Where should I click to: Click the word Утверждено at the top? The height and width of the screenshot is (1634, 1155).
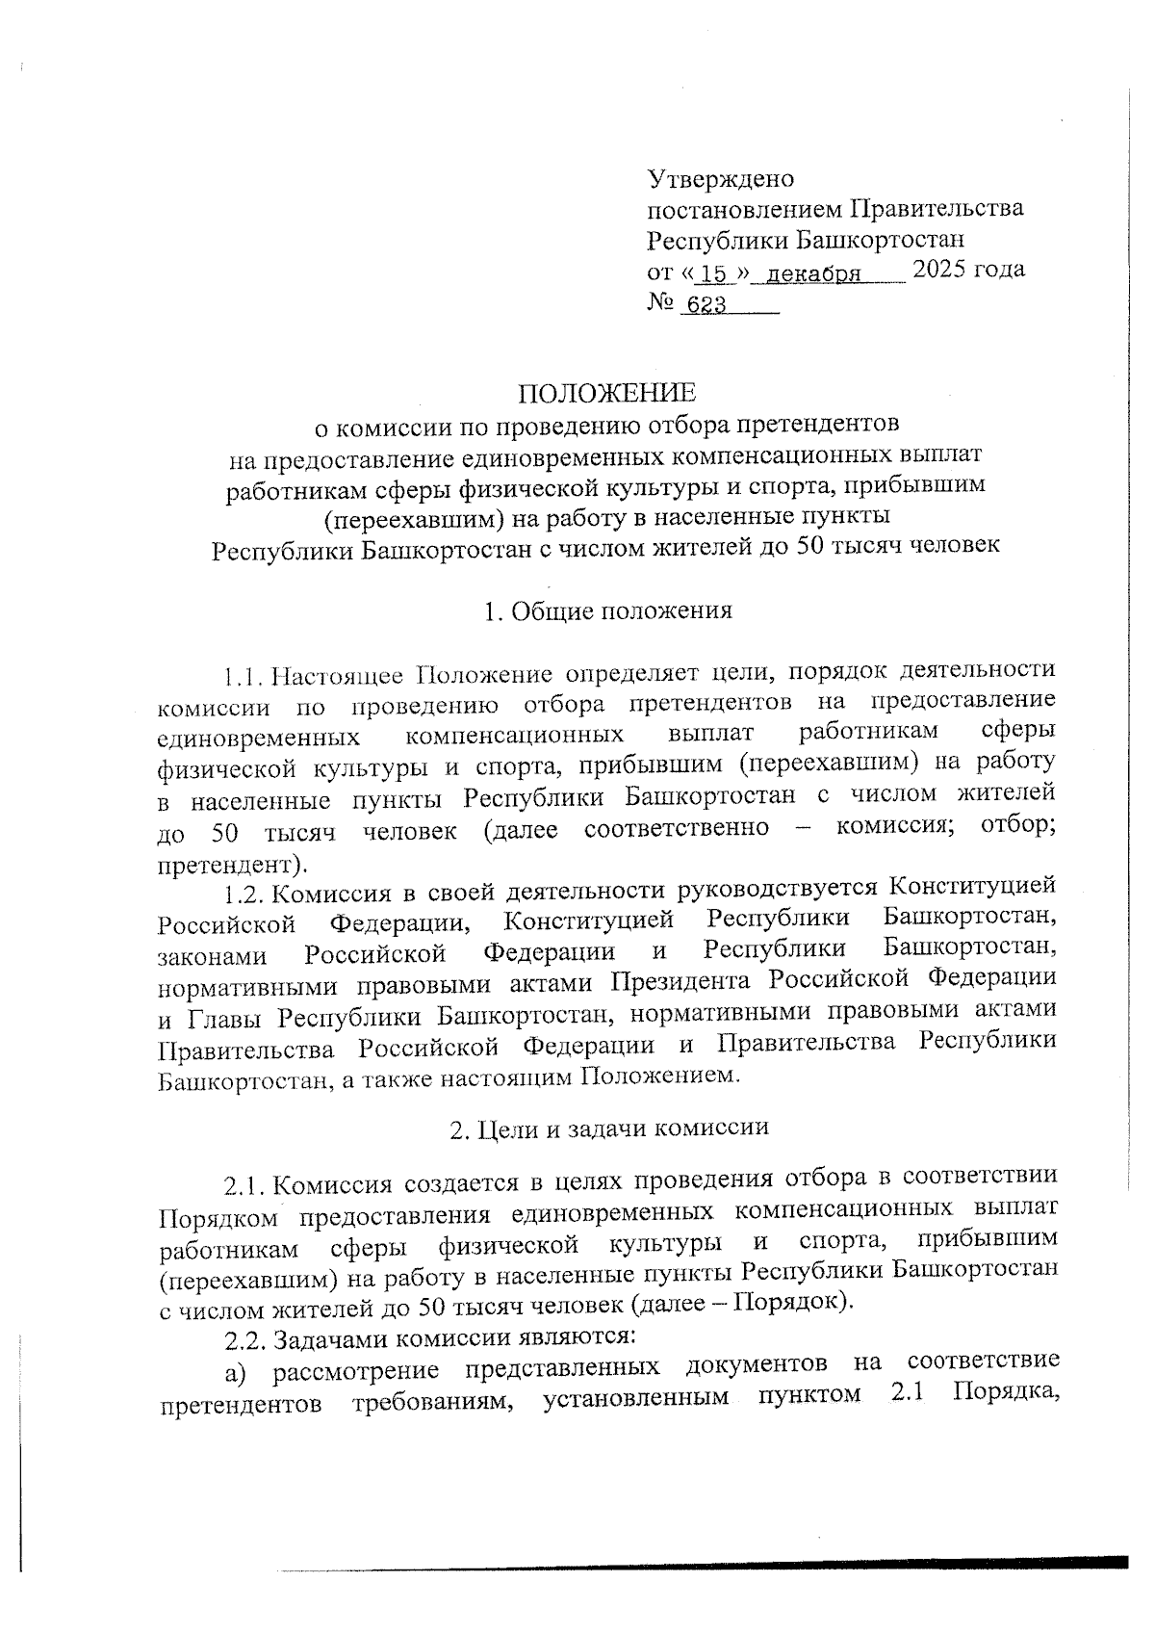tap(720, 179)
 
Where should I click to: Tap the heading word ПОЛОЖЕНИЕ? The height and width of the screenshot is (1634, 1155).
tap(606, 393)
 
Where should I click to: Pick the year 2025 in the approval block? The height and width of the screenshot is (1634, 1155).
tap(944, 269)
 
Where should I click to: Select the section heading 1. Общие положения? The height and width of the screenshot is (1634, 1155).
tap(608, 610)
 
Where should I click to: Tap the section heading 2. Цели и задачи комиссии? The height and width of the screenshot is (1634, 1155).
tap(609, 1128)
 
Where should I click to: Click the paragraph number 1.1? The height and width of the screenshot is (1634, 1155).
tap(242, 672)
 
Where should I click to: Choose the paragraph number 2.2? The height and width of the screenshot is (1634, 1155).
tap(244, 1338)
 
